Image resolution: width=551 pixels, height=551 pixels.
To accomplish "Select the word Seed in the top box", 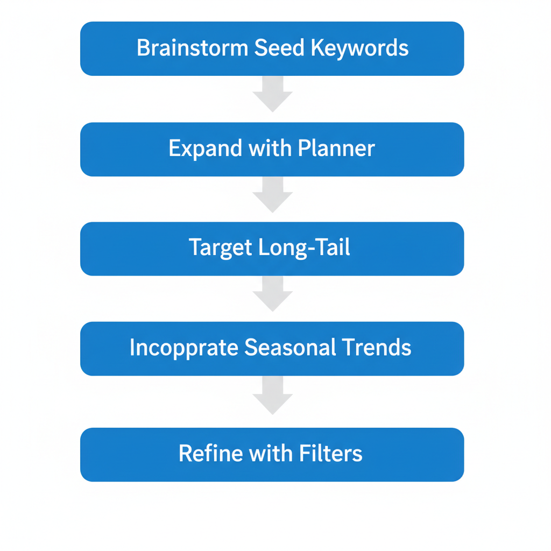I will pyautogui.click(x=273, y=48).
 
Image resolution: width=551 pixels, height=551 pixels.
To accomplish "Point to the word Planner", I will pyautogui.click(x=336, y=149).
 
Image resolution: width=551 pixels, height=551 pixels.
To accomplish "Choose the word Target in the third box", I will pyautogui.click(x=221, y=248).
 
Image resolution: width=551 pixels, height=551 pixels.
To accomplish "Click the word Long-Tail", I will pyautogui.click(x=304, y=248).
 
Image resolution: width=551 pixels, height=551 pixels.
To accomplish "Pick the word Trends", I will pyautogui.click(x=375, y=348).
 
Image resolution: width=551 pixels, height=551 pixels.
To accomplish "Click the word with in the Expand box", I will pyautogui.click(x=269, y=149).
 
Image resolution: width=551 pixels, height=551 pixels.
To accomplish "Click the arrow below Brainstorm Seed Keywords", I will pyautogui.click(x=272, y=94).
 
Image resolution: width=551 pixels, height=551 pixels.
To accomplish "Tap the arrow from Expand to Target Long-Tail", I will pyautogui.click(x=272, y=195).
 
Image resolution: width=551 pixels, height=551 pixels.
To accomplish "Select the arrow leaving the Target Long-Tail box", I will pyautogui.click(x=272, y=294).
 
